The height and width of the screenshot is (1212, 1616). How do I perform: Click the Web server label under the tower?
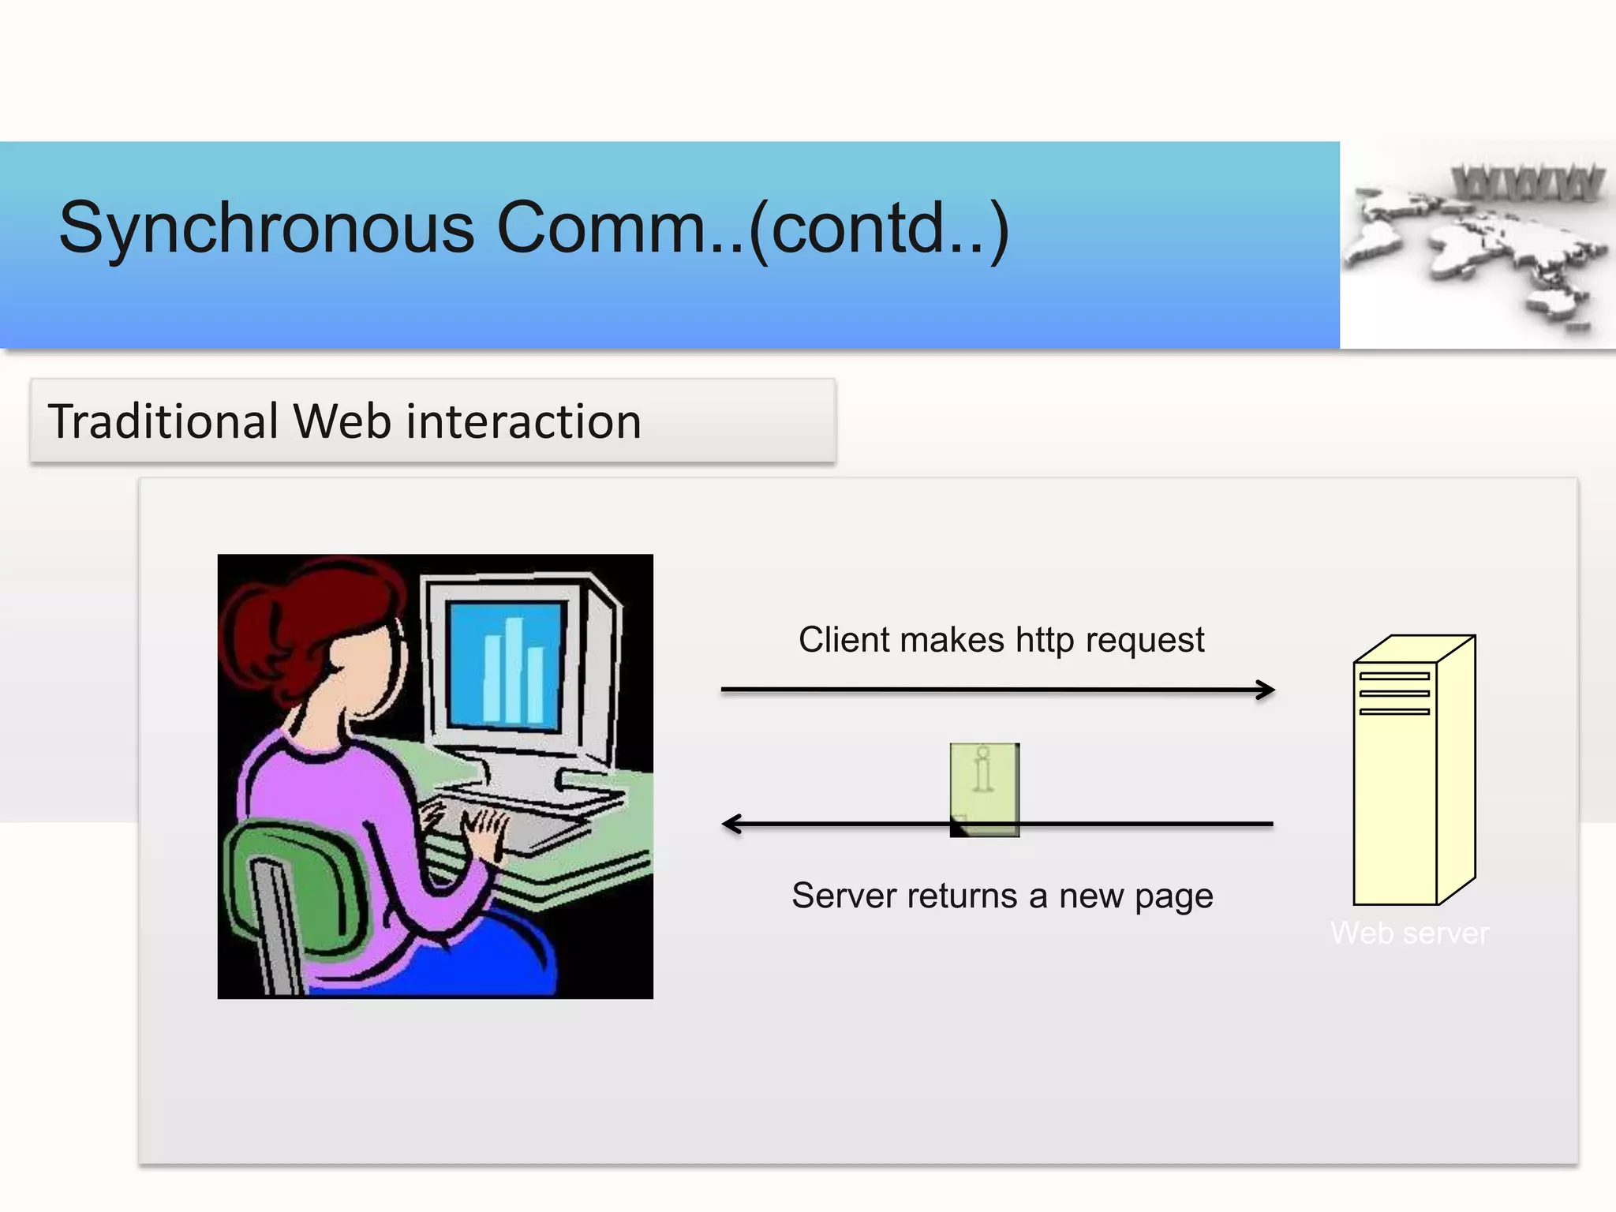coord(1409,933)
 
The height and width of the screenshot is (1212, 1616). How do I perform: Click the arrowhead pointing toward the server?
coord(1266,690)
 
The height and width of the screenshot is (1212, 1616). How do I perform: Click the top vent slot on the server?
coord(1394,676)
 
